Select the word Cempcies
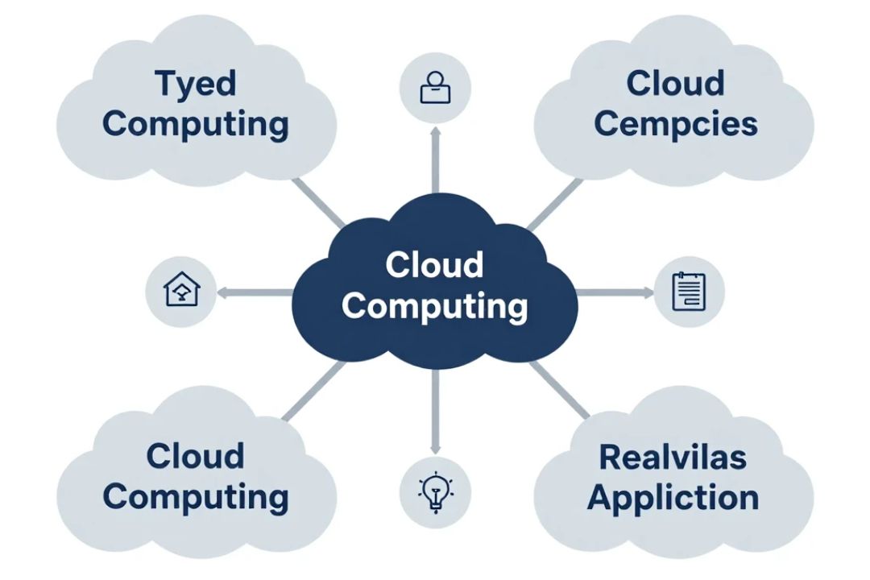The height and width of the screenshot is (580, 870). pyautogui.click(x=676, y=123)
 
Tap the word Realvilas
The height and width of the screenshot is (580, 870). pyautogui.click(x=673, y=458)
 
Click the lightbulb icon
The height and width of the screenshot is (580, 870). pyautogui.click(x=436, y=491)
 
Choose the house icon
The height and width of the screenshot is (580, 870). pyautogui.click(x=181, y=288)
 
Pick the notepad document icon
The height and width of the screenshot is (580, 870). pyautogui.click(x=689, y=292)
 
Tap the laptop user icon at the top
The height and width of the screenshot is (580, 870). pyautogui.click(x=436, y=88)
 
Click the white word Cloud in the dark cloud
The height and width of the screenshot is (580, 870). pyautogui.click(x=434, y=265)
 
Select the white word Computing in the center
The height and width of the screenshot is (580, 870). pyautogui.click(x=434, y=307)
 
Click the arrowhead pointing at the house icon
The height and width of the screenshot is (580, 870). pyautogui.click(x=222, y=292)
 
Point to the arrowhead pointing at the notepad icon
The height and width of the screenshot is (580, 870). pyautogui.click(x=648, y=292)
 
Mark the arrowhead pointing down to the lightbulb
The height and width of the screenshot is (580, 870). pyautogui.click(x=436, y=448)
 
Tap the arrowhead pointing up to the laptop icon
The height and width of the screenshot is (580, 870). pyautogui.click(x=436, y=133)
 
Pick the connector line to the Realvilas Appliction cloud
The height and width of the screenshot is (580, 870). pyautogui.click(x=559, y=390)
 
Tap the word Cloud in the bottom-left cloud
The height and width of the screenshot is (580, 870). pyautogui.click(x=195, y=456)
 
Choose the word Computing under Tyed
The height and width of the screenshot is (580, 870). pyautogui.click(x=195, y=125)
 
